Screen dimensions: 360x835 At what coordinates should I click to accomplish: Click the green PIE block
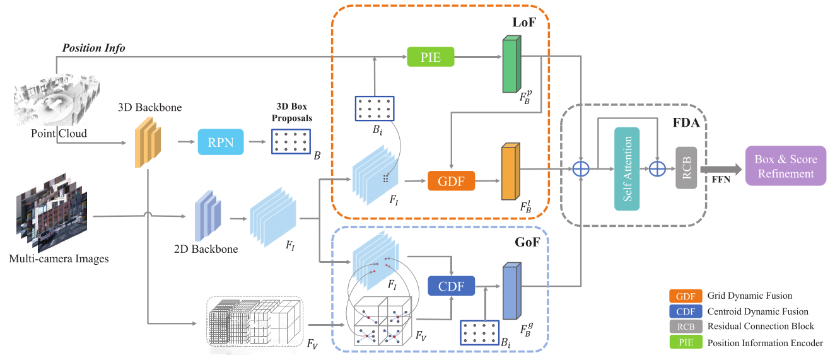coord(431,57)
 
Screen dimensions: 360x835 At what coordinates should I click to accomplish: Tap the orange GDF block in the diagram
coord(451,181)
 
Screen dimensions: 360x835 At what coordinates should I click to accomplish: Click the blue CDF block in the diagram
coord(452,287)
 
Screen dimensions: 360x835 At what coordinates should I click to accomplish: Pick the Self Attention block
coord(627,169)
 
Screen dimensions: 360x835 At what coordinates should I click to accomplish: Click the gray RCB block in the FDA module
coord(686,169)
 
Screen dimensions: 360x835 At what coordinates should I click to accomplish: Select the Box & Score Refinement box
coord(785,166)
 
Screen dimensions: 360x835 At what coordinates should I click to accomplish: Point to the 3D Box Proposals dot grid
coord(291,141)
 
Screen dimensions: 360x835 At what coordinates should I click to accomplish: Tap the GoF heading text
coord(527,241)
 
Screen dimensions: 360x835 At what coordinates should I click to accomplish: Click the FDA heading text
coord(686,123)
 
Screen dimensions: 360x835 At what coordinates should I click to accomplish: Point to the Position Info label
coord(93,48)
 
